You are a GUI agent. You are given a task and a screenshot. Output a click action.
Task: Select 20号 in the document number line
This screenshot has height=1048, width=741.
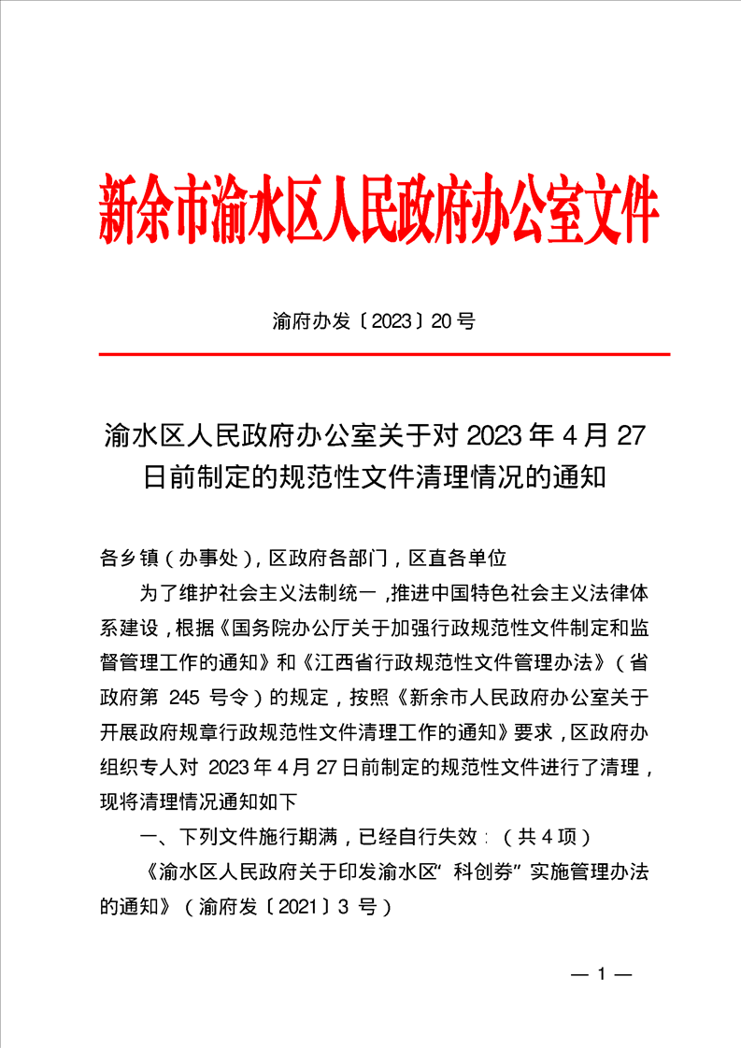pos(455,322)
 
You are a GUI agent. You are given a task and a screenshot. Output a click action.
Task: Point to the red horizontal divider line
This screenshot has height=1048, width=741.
pos(384,355)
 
